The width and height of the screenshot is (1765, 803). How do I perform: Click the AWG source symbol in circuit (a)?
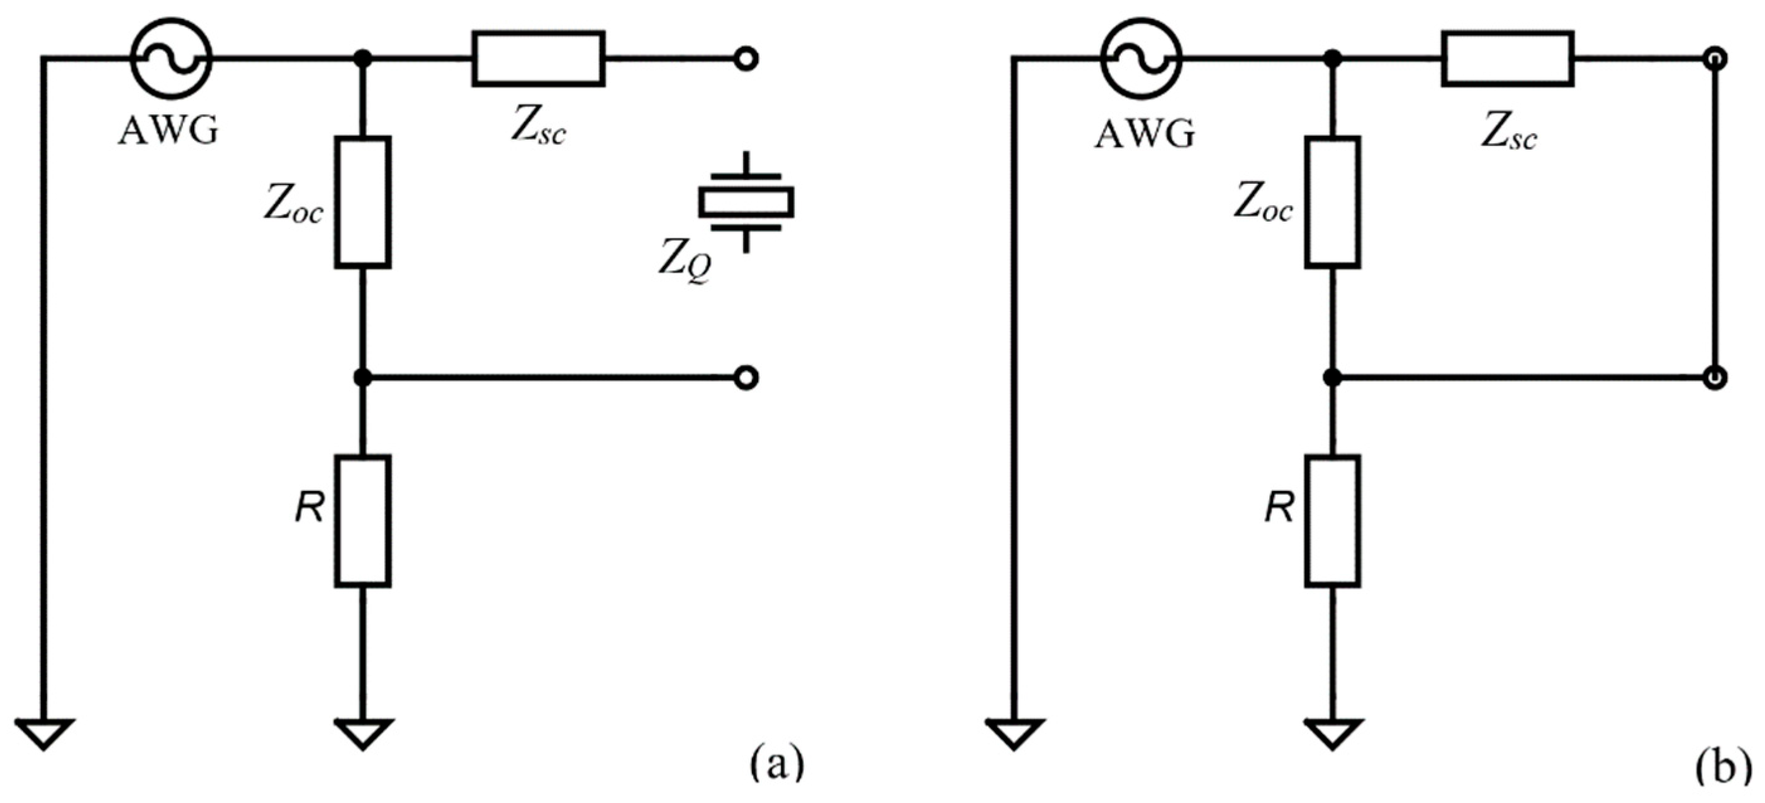point(171,59)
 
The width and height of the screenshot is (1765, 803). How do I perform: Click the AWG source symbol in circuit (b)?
point(1141,59)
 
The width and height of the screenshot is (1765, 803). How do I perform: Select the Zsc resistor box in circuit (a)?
point(539,59)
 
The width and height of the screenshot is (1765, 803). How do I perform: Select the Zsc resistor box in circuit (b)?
point(1508,59)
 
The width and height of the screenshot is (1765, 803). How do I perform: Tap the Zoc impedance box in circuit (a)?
point(363,202)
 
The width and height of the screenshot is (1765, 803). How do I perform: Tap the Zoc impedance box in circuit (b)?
point(1333,202)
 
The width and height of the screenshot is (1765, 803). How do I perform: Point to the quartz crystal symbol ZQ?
point(746,202)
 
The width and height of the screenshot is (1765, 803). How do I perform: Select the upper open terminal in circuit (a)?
point(746,59)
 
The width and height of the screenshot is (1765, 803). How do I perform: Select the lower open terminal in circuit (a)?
point(746,378)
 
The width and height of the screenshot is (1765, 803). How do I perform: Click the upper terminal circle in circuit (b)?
point(1716,59)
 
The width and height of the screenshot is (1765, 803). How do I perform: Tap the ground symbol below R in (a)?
point(363,733)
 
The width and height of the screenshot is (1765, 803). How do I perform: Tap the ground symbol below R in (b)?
point(1333,733)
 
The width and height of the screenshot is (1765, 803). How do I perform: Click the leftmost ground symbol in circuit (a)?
point(44,733)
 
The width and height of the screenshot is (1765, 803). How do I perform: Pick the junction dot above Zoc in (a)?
point(363,59)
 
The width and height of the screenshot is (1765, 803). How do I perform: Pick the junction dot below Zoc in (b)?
point(1333,378)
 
